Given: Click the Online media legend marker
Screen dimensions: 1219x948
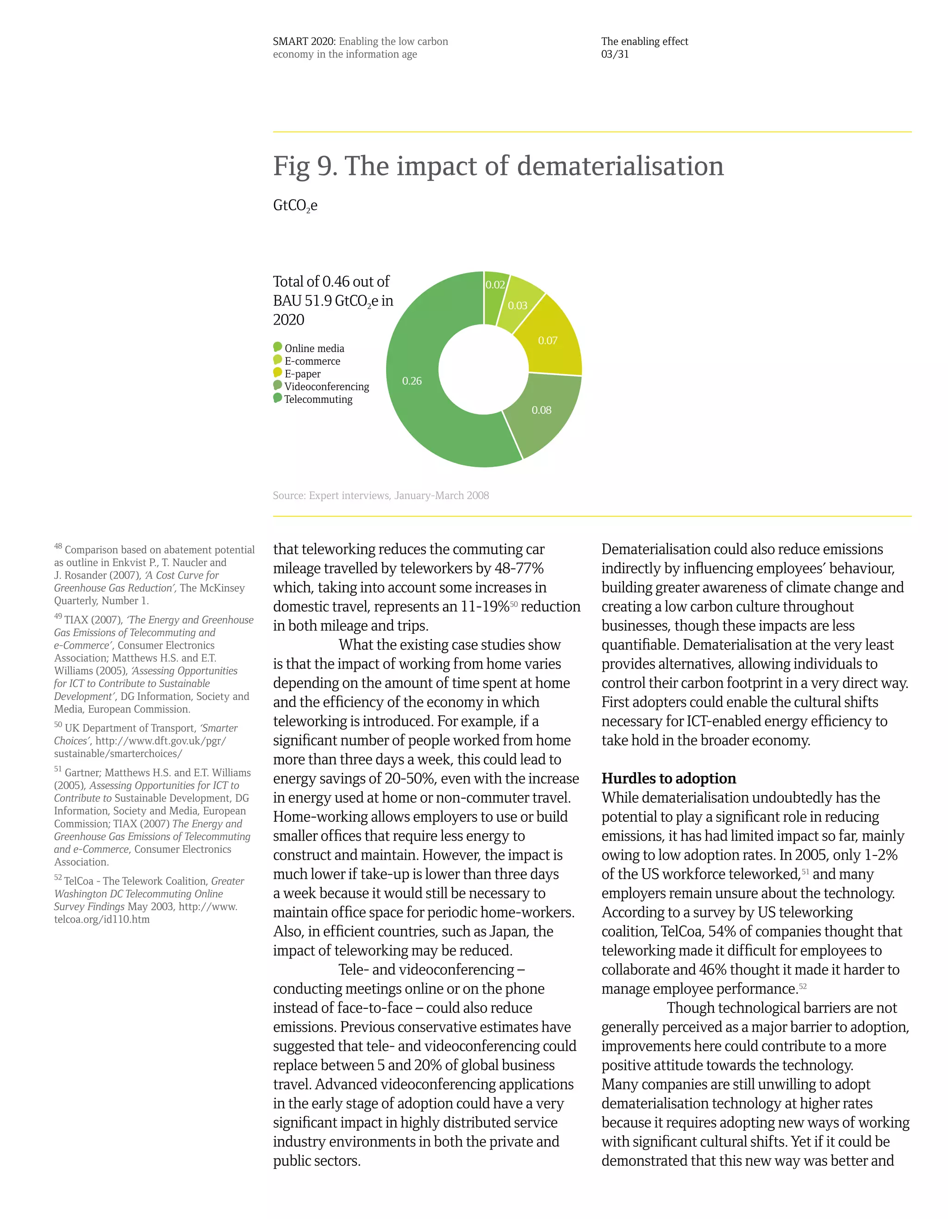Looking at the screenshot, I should point(277,347).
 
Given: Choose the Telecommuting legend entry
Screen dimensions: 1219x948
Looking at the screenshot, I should point(318,400).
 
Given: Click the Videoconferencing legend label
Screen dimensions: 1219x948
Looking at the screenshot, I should point(326,387).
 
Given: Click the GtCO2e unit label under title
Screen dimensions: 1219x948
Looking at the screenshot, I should point(295,206).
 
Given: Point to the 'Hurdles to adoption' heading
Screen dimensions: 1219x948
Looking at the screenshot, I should point(668,779).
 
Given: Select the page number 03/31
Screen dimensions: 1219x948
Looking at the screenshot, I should point(615,54).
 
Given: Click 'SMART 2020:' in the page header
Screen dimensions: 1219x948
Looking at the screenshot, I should point(304,41).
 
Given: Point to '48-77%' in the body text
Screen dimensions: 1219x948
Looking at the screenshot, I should point(519,568).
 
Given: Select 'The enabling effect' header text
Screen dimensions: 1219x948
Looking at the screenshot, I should point(644,41).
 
